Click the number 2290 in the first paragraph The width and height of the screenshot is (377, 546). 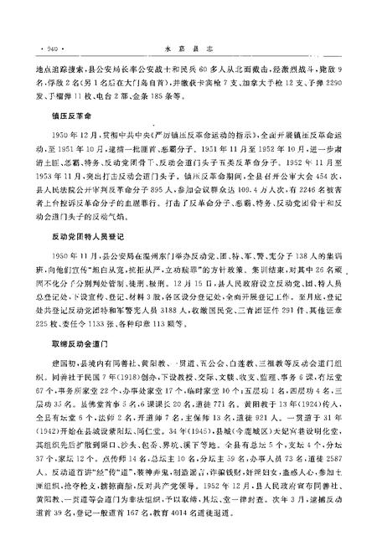(333, 85)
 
